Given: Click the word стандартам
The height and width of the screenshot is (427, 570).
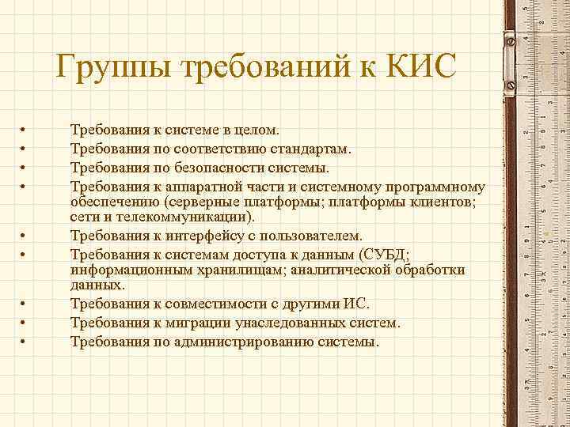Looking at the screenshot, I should [309, 148].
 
